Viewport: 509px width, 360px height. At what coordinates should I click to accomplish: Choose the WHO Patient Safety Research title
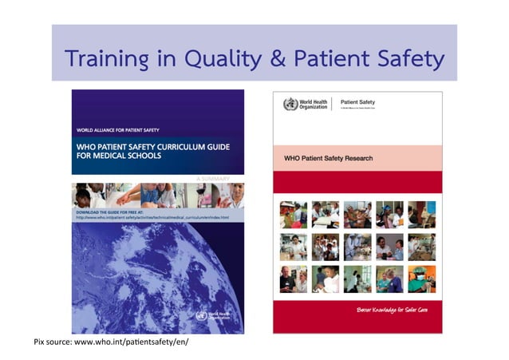[329, 158]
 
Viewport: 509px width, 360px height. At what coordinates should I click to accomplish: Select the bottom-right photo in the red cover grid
[422, 279]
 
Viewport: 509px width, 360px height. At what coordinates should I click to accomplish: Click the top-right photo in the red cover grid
[422, 213]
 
